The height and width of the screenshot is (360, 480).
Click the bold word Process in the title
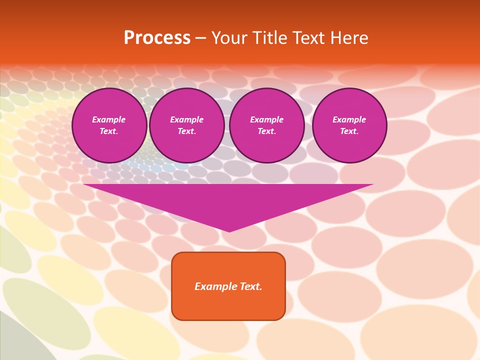point(157,38)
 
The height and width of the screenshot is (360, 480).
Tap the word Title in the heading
point(269,38)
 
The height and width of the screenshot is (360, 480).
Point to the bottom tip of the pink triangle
point(229,230)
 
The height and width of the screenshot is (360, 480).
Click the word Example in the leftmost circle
point(109,119)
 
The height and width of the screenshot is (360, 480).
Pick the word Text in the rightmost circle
point(349,131)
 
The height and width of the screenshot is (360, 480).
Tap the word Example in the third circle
point(266,119)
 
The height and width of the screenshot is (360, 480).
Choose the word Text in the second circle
point(186,131)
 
